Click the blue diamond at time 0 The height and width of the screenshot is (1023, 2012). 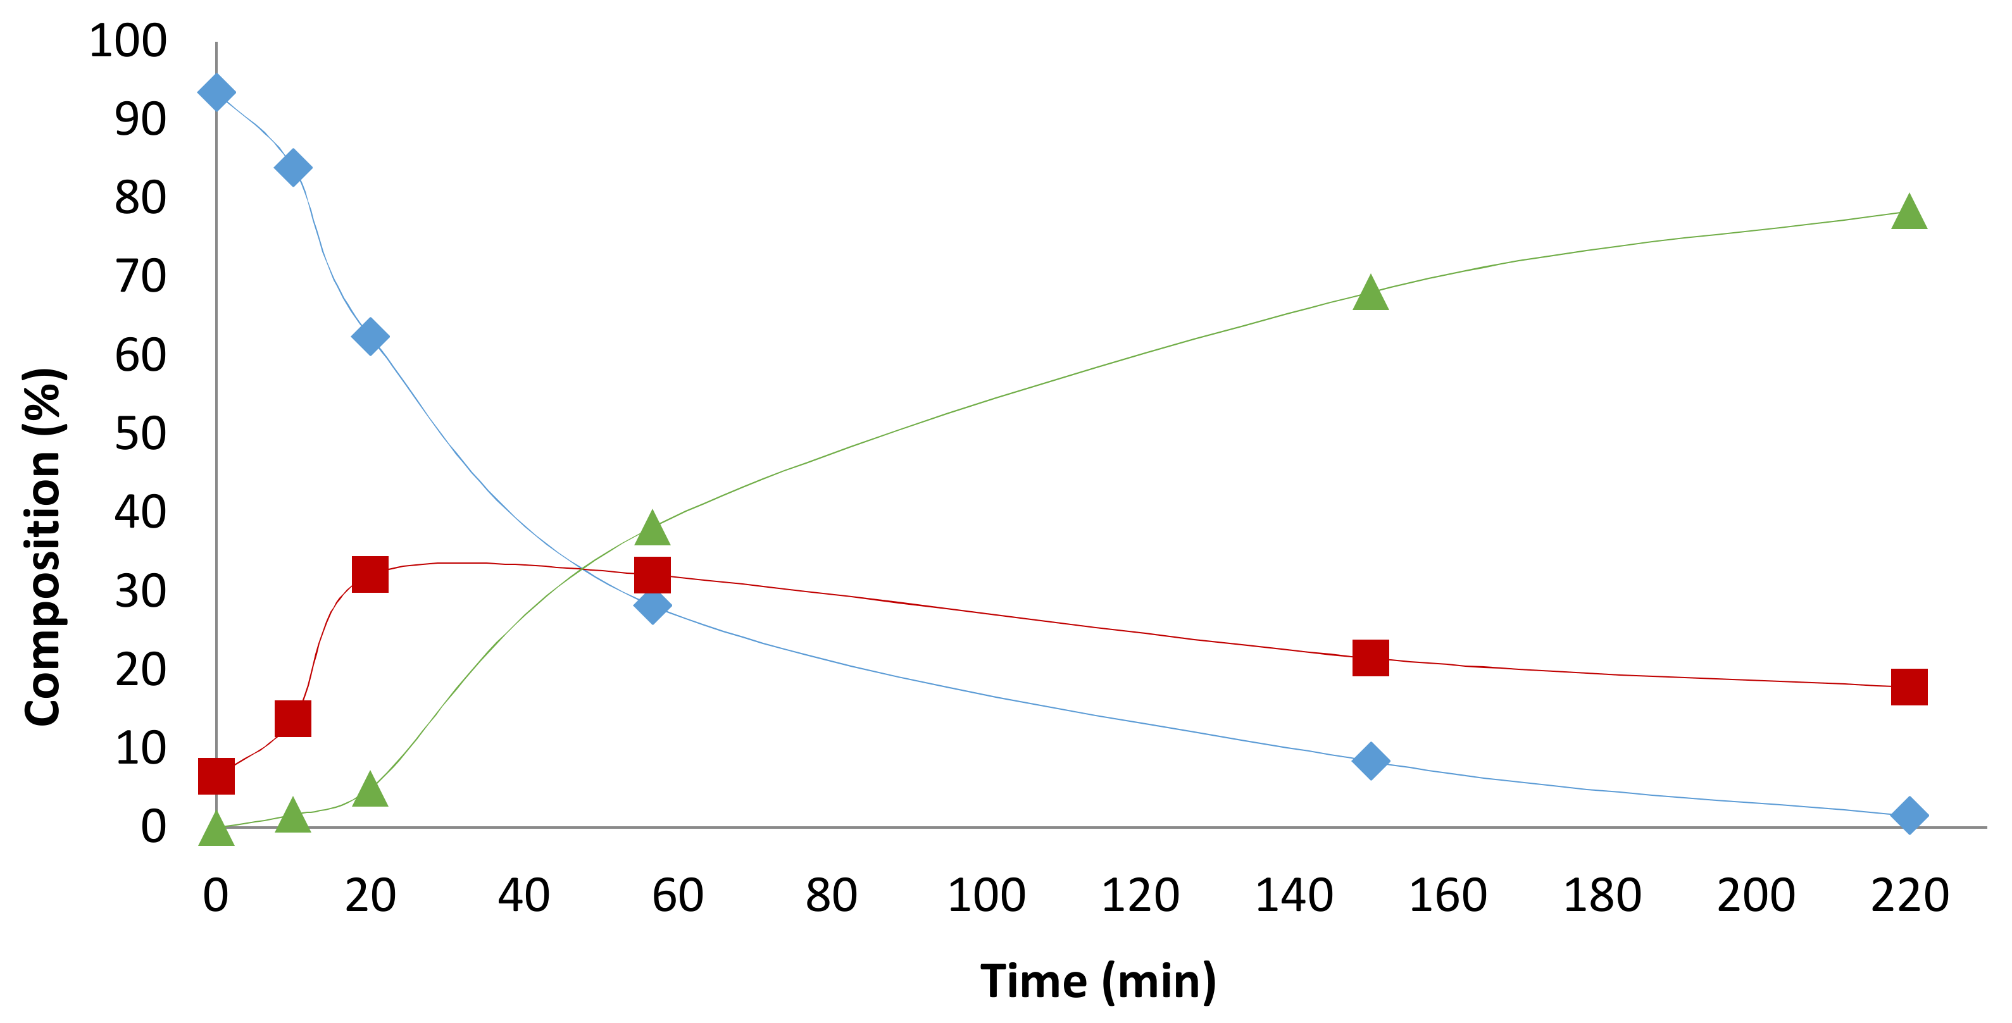coord(216,92)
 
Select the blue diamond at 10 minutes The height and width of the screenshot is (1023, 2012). coord(293,167)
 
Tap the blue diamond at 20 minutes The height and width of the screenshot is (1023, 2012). coord(370,337)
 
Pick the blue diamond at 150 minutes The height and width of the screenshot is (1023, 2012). coord(1370,760)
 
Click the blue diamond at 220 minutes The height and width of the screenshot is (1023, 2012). coord(1909,815)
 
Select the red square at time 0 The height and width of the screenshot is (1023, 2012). coord(216,776)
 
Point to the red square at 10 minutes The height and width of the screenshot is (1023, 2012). coord(293,719)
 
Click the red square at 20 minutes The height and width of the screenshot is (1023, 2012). coord(370,574)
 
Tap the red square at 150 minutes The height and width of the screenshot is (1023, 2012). coord(1370,657)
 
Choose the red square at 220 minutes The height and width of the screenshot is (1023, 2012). coord(1909,687)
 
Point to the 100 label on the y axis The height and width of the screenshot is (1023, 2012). coord(127,40)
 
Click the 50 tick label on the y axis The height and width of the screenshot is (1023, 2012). coord(141,433)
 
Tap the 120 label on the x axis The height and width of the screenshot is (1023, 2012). coord(1140,896)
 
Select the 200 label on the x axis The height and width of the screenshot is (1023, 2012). coord(1755,896)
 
